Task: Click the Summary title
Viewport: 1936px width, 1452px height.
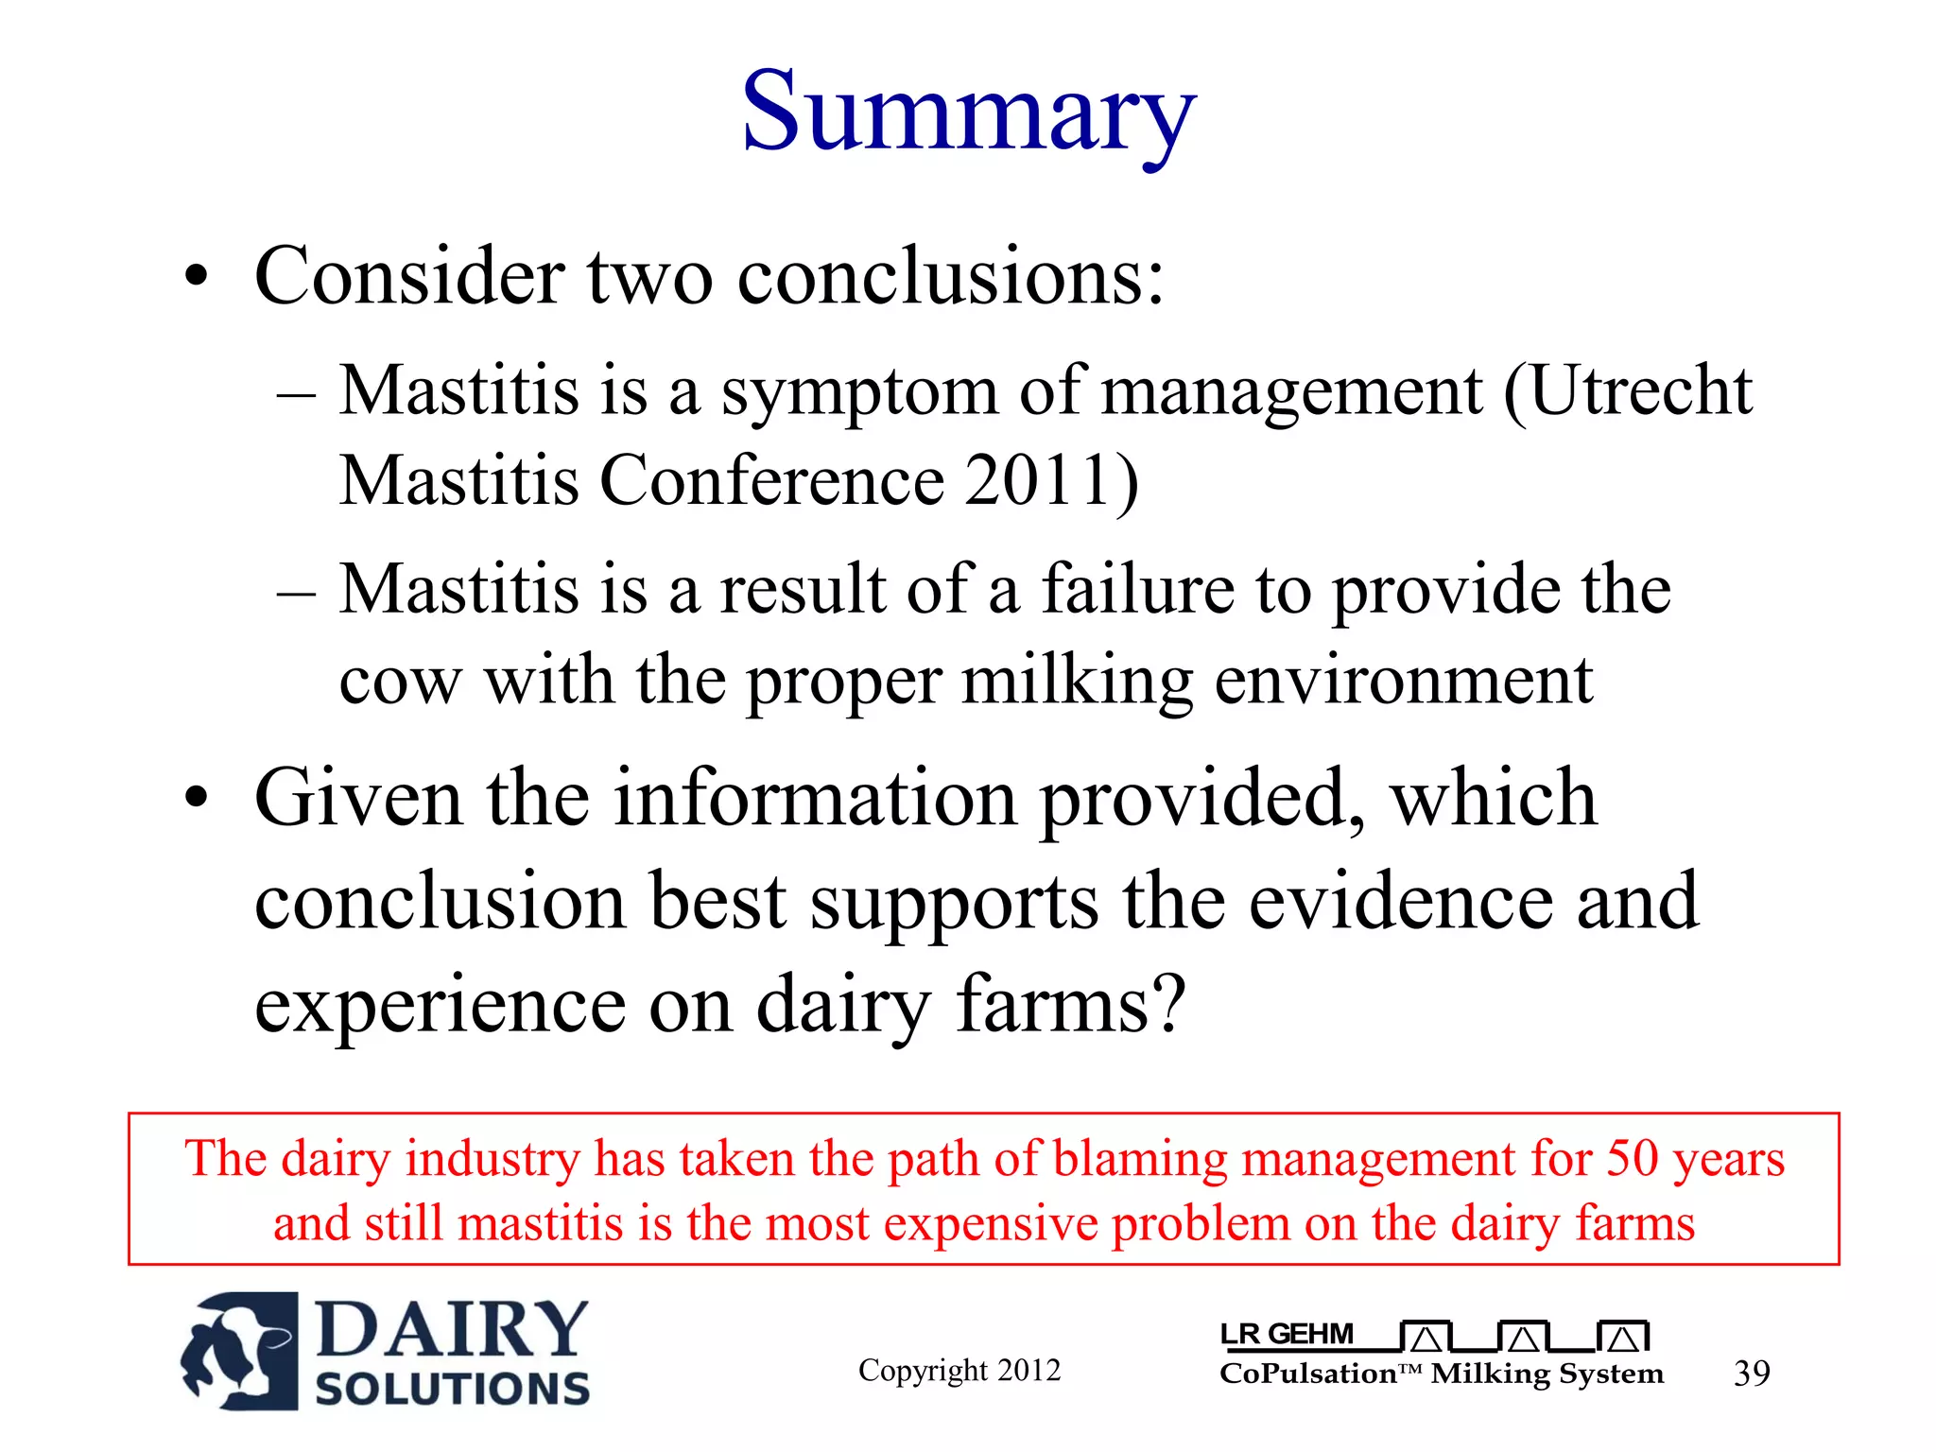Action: [968, 113]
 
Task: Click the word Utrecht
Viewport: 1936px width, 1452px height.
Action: [1640, 390]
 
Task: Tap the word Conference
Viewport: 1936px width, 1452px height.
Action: [771, 480]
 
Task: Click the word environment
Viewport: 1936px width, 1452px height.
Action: [1403, 680]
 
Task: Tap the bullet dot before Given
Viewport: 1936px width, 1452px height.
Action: [196, 800]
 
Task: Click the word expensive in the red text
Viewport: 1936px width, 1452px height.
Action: [990, 1223]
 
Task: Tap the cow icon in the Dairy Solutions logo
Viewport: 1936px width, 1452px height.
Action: [239, 1351]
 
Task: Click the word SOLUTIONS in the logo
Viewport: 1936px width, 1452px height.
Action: [452, 1389]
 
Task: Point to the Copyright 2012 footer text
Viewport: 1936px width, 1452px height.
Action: [959, 1370]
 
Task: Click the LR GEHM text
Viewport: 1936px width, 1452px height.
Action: [1288, 1334]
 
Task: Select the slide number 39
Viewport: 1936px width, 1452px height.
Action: [1751, 1373]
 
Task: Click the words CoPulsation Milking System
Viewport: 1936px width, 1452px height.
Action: [1441, 1374]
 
